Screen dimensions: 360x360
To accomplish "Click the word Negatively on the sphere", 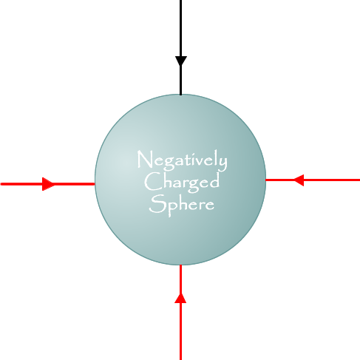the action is pyautogui.click(x=182, y=160).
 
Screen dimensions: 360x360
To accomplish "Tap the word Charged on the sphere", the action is pyautogui.click(x=182, y=182).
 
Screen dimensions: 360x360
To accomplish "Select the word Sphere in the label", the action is pyautogui.click(x=182, y=205).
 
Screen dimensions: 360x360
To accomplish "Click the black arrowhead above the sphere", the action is pyautogui.click(x=181, y=61).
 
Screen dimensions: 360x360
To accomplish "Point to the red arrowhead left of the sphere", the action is pyautogui.click(x=48, y=184).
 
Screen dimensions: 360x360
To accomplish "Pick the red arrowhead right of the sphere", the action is pyautogui.click(x=299, y=180).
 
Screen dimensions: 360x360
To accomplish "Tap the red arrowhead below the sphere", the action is pyautogui.click(x=180, y=298).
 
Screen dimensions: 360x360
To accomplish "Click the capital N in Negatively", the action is pyautogui.click(x=143, y=159).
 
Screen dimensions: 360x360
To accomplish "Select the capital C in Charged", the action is pyautogui.click(x=151, y=181).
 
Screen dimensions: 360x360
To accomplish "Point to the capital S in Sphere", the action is pyautogui.click(x=155, y=204).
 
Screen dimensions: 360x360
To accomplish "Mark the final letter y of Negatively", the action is pyautogui.click(x=224, y=163).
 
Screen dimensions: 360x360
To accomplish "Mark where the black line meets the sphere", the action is pyautogui.click(x=181, y=95).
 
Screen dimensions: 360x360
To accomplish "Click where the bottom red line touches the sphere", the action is pyautogui.click(x=180, y=265).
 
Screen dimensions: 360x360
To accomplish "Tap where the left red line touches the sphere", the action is pyautogui.click(x=95, y=184).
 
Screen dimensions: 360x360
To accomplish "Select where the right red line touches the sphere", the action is pyautogui.click(x=265, y=180).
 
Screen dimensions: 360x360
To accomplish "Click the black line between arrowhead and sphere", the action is pyautogui.click(x=181, y=80).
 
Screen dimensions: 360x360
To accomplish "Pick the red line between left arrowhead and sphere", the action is pyautogui.click(x=75, y=184).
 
